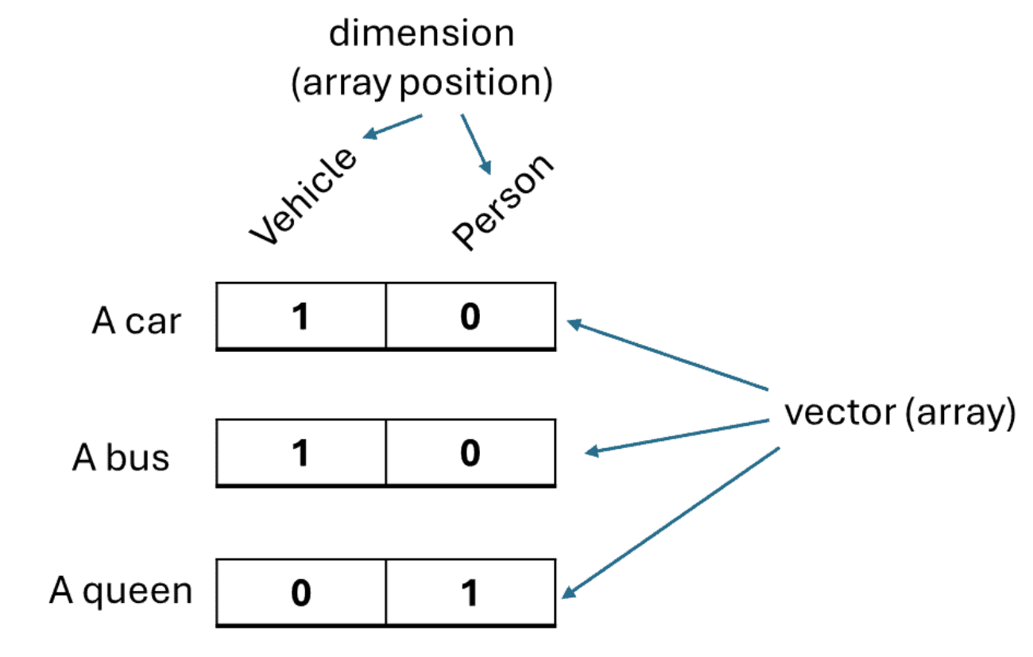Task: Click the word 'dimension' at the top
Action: (422, 34)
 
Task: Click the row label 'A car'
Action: (137, 322)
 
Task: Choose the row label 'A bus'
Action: (122, 458)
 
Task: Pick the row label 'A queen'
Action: (121, 592)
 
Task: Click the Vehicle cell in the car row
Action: (301, 316)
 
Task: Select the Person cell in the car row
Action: (470, 316)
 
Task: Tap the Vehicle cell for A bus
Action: (301, 454)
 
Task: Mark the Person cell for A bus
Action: (470, 454)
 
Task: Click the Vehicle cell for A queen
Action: (301, 593)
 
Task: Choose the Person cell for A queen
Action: (470, 593)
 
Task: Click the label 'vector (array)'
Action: (900, 414)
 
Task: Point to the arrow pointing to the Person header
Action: (476, 144)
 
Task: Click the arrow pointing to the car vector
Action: (667, 355)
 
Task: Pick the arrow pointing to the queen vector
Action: (671, 520)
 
